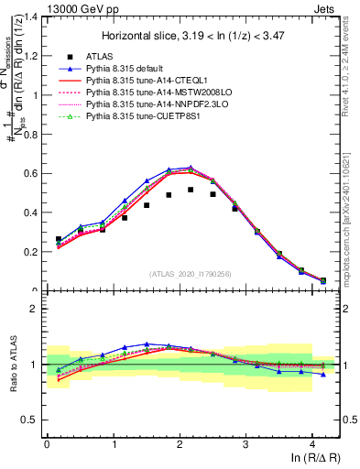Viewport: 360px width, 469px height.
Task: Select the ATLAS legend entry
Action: point(104,57)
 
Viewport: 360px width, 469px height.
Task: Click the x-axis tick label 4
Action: point(312,446)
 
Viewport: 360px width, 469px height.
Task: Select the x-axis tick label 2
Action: point(180,446)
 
